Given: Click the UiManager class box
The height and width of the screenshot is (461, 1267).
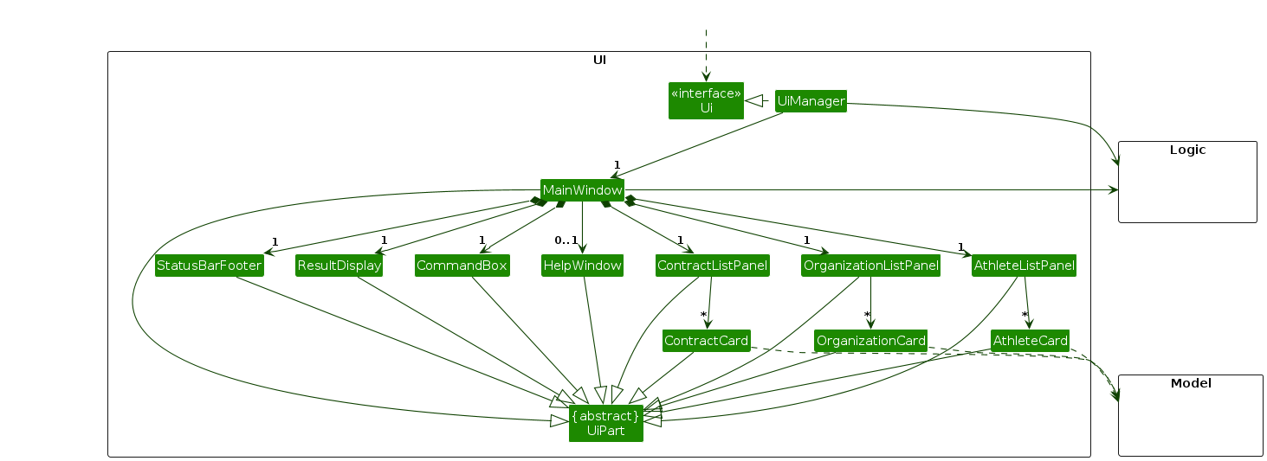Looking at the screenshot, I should click(x=811, y=101).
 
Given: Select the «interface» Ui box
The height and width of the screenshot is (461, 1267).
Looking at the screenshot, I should click(x=706, y=100).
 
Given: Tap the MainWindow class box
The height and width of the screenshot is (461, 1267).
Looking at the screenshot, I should click(x=582, y=190).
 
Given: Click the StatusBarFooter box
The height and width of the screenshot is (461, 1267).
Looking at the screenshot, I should click(x=209, y=266).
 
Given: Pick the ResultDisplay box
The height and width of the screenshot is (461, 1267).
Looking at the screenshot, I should click(x=339, y=266).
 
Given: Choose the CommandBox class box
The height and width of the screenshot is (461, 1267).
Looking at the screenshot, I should click(x=461, y=266).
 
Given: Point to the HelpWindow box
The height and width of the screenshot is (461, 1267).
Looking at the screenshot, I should click(x=582, y=266).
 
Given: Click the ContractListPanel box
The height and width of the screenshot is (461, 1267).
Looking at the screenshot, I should click(x=712, y=266).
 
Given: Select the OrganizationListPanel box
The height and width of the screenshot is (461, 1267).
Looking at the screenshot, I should click(x=870, y=266).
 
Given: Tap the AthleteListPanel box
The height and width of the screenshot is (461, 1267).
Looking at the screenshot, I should click(x=1024, y=266).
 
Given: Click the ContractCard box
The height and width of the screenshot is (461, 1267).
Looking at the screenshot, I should click(x=706, y=341).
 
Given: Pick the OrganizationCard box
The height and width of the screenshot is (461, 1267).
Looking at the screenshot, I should click(x=871, y=341).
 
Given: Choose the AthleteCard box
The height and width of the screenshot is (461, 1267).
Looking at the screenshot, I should click(x=1030, y=341).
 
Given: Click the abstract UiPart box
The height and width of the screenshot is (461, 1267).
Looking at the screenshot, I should click(x=605, y=423).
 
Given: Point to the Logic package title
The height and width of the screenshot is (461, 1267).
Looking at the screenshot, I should click(x=1187, y=150).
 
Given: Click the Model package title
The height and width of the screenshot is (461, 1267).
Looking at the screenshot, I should click(x=1190, y=383).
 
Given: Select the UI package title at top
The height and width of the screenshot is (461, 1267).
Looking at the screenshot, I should click(x=598, y=60).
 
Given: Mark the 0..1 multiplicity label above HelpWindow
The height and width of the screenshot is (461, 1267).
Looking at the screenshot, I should click(x=566, y=240).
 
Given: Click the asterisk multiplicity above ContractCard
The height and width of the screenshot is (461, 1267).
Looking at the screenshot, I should click(x=704, y=315).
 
